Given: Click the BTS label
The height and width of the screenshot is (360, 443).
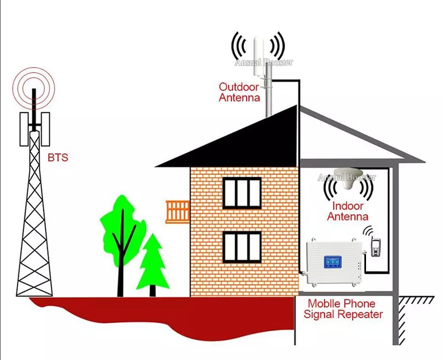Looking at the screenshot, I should point(58,157).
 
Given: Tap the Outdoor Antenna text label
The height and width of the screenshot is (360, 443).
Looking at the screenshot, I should point(239,92).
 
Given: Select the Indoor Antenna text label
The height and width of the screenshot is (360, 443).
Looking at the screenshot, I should point(347,211).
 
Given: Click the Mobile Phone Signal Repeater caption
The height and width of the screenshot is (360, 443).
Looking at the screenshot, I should point(345,309).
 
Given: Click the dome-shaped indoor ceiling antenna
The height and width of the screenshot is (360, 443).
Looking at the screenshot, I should point(346,178).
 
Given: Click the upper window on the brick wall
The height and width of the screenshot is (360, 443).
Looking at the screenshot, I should point(241,193).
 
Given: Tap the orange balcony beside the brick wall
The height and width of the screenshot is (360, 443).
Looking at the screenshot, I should point(178,212).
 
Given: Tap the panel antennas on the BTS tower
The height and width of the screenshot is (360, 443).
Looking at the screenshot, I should point(34,128).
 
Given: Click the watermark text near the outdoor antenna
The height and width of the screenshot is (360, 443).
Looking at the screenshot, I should point(264,63).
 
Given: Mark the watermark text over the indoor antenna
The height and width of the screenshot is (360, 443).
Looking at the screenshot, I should point(347,177).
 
